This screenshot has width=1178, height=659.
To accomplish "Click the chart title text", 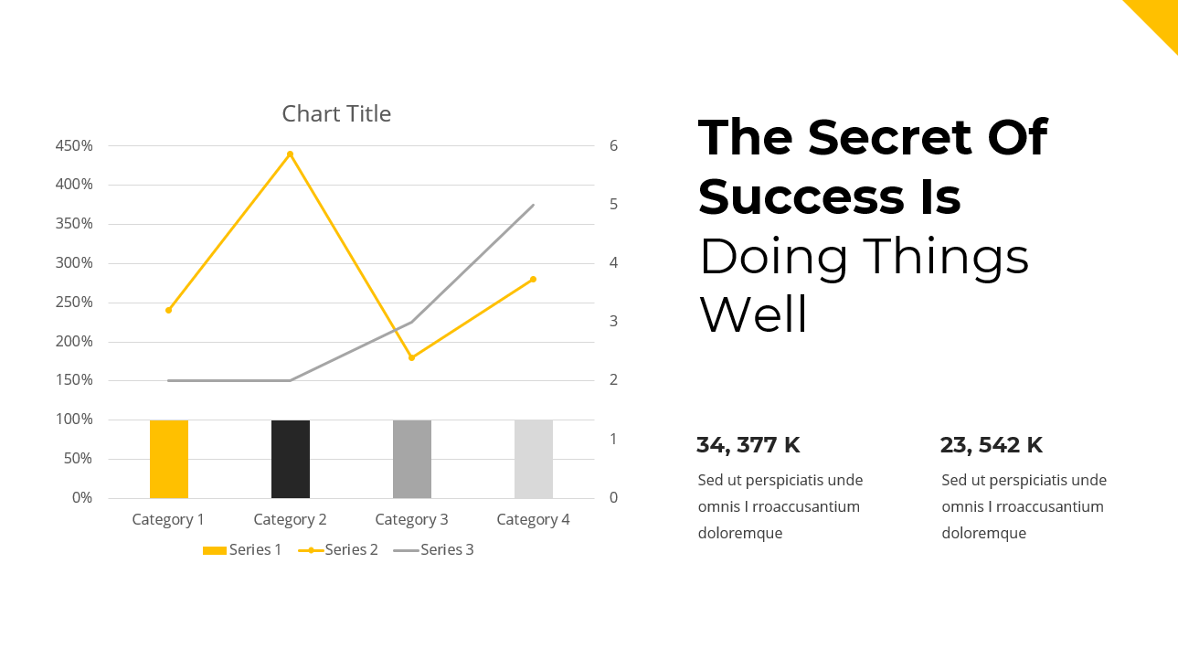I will (336, 114).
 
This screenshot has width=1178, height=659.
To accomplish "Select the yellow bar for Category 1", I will (169, 459).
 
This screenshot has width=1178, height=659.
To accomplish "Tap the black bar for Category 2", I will (291, 459).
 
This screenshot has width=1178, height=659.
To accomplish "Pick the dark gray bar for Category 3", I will (412, 459).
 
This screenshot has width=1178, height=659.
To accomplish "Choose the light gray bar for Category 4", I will (534, 459).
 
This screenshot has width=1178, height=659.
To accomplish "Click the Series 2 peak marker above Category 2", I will (291, 154).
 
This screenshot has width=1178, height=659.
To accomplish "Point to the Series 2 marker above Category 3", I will (411, 357).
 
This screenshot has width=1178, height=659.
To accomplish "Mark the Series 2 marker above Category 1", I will (169, 310).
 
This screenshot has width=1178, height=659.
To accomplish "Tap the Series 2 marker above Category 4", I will (533, 279).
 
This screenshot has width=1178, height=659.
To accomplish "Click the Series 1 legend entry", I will (242, 550).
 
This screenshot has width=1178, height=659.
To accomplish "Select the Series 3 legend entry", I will (434, 550).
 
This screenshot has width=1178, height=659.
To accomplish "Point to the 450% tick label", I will (74, 146).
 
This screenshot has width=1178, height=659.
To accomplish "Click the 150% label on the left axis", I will (74, 380).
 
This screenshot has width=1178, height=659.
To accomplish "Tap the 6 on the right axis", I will (614, 146).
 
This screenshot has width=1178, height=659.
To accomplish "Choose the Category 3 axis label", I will (411, 520).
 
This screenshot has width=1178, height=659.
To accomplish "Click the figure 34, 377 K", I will (748, 446).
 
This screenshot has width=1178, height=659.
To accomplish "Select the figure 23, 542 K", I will (992, 446).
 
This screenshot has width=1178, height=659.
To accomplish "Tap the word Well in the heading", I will (754, 315).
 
